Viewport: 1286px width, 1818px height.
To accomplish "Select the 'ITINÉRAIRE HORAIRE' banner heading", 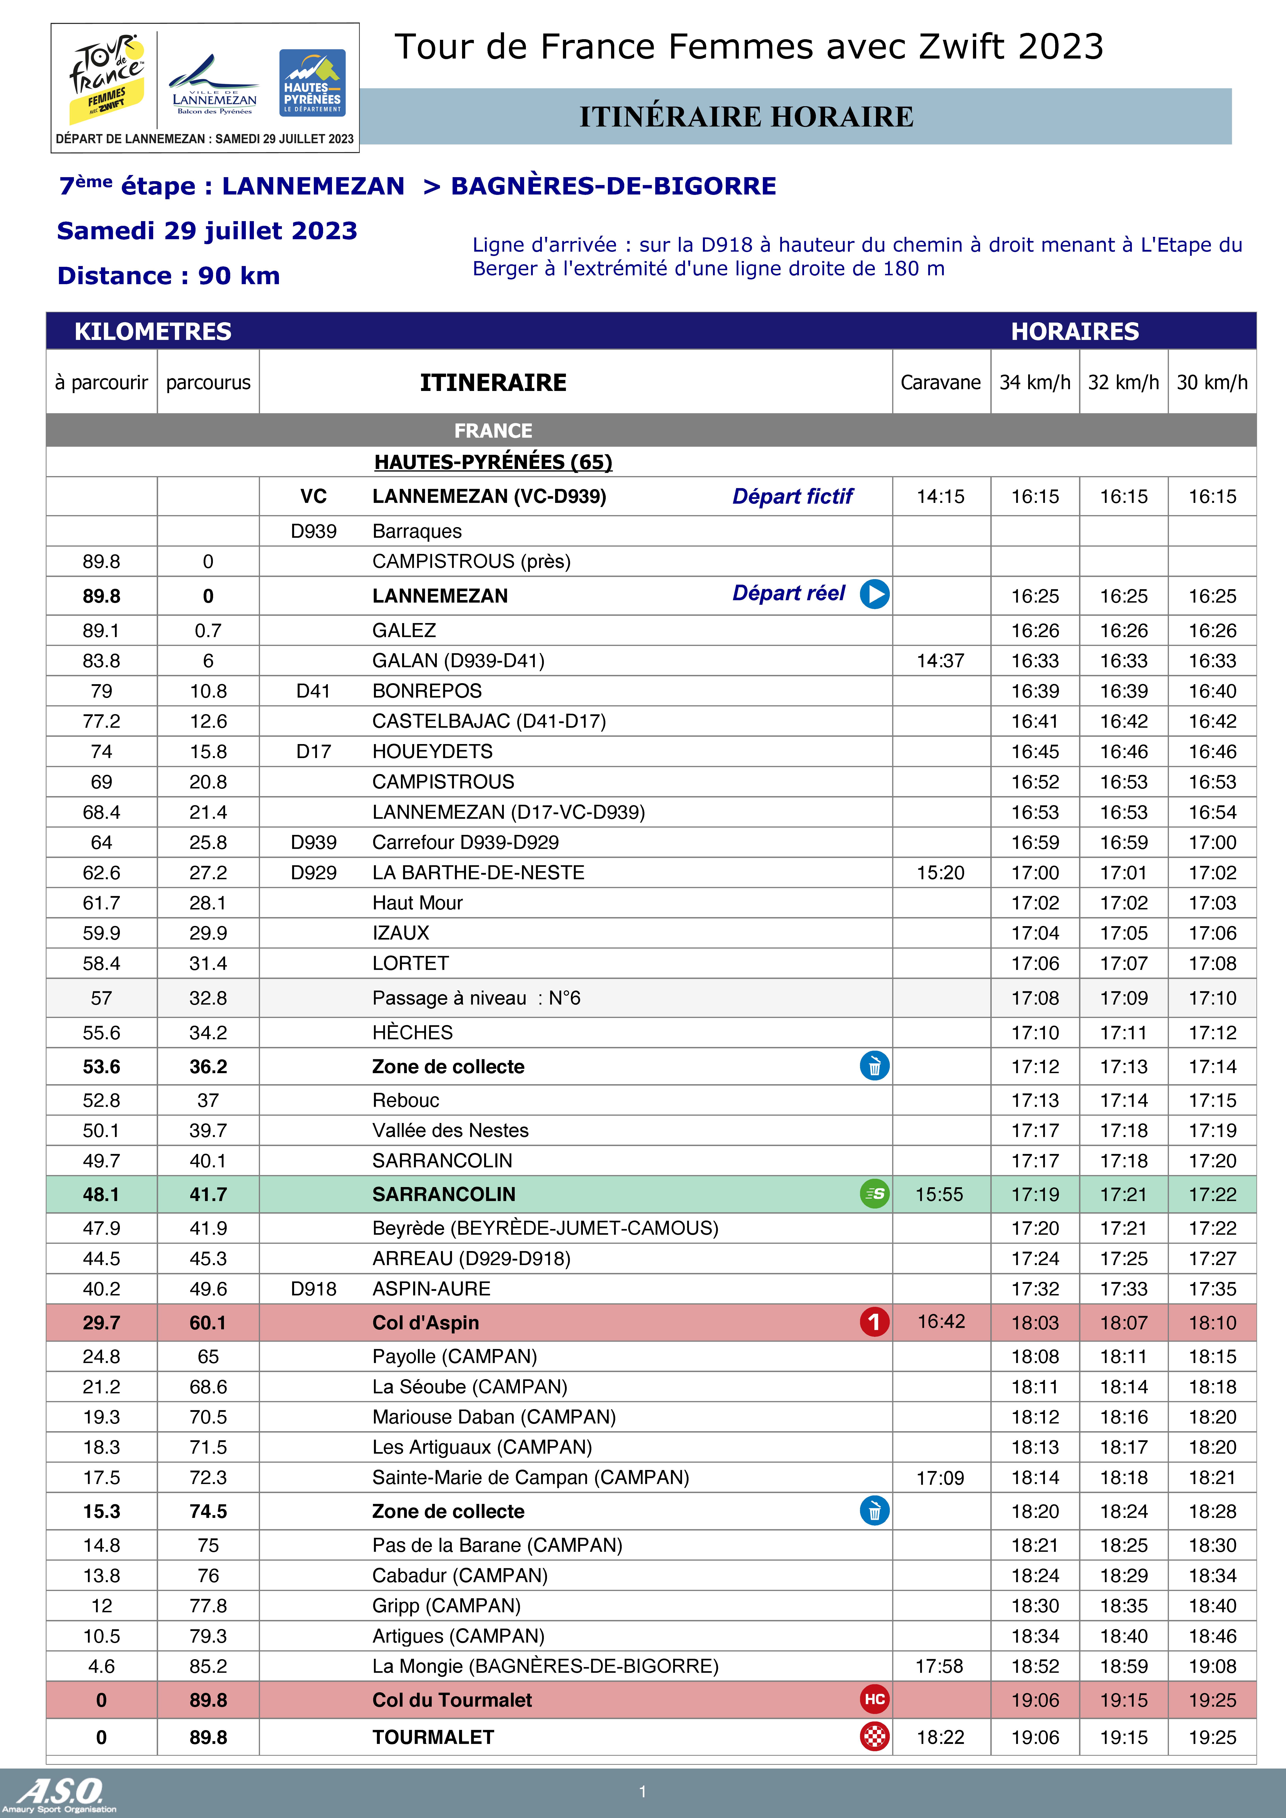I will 746,116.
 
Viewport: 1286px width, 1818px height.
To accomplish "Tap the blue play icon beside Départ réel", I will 874,594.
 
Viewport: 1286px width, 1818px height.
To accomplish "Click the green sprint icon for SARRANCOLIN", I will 874,1193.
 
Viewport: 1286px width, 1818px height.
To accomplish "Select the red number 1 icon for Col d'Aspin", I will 874,1322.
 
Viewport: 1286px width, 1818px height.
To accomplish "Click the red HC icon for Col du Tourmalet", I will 874,1699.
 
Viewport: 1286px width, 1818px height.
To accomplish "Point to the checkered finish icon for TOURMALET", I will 874,1736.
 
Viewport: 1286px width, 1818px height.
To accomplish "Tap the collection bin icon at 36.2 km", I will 874,1066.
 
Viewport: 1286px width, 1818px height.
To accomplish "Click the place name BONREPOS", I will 427,691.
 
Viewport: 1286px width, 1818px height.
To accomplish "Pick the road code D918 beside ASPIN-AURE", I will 314,1289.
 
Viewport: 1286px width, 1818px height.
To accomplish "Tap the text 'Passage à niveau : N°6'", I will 476,998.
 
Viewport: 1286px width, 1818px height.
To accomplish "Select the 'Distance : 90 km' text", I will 169,275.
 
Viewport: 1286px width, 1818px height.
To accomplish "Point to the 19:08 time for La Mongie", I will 1211,1666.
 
